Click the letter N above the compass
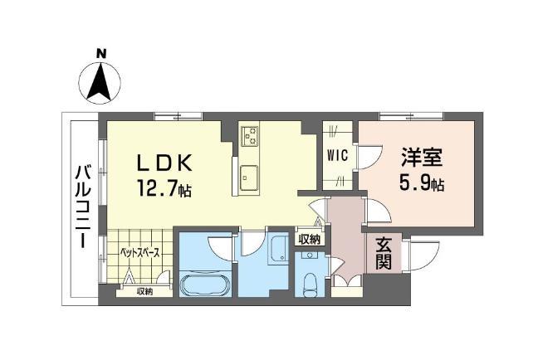click(101, 53)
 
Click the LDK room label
click(164, 163)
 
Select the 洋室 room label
click(422, 158)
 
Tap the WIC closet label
click(338, 155)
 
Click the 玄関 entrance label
click(384, 253)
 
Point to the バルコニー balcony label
click(82, 207)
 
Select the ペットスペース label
click(139, 253)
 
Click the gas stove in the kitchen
click(250, 135)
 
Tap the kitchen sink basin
click(249, 178)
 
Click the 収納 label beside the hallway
click(310, 240)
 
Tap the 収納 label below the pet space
click(144, 291)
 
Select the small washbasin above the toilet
click(310, 255)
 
